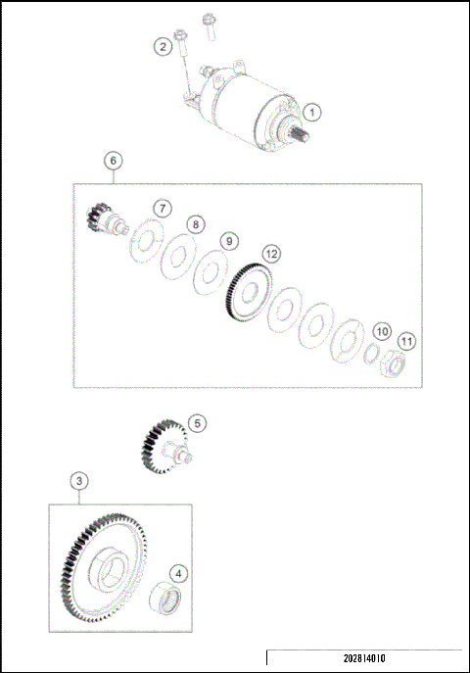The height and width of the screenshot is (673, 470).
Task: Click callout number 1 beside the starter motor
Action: (310, 114)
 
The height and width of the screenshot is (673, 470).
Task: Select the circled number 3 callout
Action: (78, 481)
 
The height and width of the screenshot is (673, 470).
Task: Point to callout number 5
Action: (197, 423)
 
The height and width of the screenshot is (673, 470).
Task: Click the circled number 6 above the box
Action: (113, 160)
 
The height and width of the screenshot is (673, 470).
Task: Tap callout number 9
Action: (228, 240)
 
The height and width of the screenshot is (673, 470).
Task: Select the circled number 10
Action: (382, 332)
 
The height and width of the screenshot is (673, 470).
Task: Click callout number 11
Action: (406, 341)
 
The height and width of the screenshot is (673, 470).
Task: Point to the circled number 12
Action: (270, 254)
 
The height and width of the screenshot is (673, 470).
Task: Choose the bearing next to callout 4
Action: (165, 599)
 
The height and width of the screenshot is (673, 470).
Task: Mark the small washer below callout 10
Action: (373, 353)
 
